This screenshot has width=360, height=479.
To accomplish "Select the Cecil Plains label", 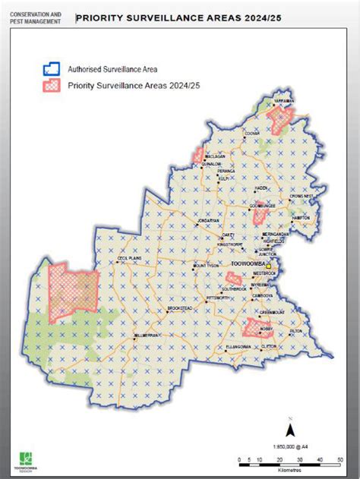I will pyautogui.click(x=131, y=258).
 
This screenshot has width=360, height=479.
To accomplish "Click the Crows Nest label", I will pyautogui.click(x=302, y=195).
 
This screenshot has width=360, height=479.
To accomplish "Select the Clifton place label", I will pyautogui.click(x=270, y=345).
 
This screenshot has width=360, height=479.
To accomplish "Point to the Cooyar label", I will pyautogui.click(x=251, y=133).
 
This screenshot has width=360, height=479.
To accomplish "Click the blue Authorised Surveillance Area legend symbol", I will pyautogui.click(x=52, y=68).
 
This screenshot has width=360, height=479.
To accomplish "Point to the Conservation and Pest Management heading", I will pyautogui.click(x=35, y=17).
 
